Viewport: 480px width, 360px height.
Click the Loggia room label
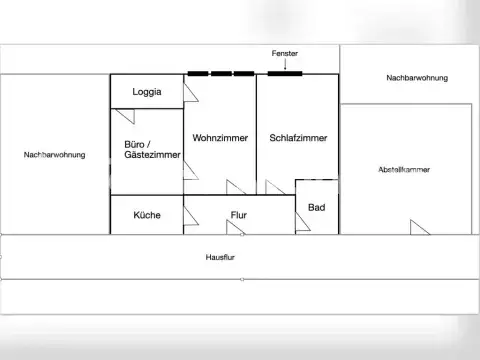coord(147,92)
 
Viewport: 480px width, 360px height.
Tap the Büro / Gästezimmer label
coord(146,150)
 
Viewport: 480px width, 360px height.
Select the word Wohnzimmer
coord(219,138)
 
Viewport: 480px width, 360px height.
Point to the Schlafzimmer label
coord(298,138)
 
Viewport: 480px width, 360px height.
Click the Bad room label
coord(316,208)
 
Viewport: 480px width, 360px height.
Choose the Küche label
coord(147,215)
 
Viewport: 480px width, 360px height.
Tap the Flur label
coord(239,215)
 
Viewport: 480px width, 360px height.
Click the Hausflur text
coord(220,257)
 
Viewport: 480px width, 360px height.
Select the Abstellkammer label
coord(404,170)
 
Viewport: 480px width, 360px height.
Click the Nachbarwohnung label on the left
coord(54,155)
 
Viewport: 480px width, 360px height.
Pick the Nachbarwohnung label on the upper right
coord(417,78)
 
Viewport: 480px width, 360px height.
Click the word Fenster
coord(285,52)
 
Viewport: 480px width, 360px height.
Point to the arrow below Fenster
coord(285,64)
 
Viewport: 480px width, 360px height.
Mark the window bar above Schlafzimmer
coord(285,73)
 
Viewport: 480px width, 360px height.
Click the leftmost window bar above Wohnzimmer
coord(198,73)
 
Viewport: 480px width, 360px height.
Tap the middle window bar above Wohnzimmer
coord(222,73)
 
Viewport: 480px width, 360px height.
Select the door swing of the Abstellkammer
coord(419,228)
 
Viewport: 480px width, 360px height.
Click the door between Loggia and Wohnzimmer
coord(189,91)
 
